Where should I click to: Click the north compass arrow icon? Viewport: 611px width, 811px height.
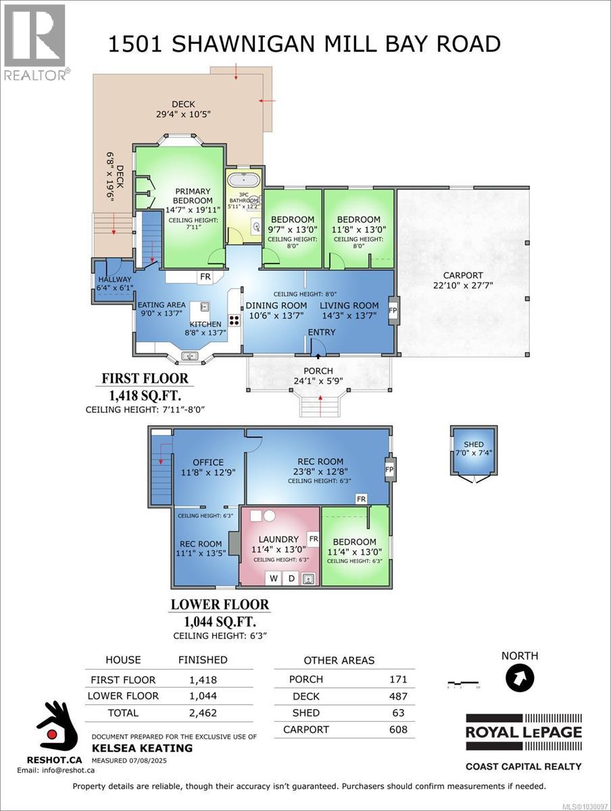pos(519,678)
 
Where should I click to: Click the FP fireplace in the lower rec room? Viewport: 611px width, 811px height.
pos(389,468)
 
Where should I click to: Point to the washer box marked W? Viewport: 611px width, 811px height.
pos(274,578)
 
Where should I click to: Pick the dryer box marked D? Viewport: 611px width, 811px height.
pos(291,578)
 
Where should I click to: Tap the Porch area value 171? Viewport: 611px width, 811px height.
pos(398,679)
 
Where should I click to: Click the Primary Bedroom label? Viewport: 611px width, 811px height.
pos(193,196)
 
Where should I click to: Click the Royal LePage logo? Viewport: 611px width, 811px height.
pos(523,731)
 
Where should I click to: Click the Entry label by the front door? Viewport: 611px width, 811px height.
pos(322,332)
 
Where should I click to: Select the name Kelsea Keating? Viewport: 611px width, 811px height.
pos(142,748)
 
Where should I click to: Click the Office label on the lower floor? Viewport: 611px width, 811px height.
pos(208,462)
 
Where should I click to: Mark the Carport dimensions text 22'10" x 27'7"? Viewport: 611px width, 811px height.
pos(463,285)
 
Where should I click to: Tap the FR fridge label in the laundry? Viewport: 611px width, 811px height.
pos(313,538)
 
